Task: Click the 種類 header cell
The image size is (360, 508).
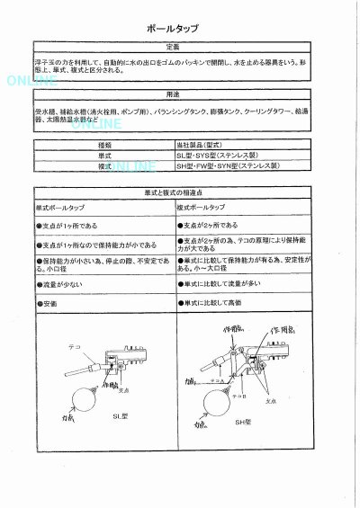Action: [x=105, y=146]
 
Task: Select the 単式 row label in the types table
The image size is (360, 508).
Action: [x=105, y=156]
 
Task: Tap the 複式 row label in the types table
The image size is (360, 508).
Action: [x=105, y=166]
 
